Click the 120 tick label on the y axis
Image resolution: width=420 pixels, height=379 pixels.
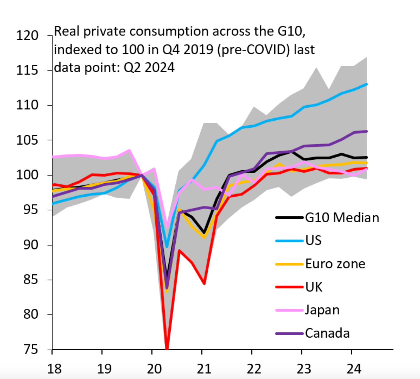click(27, 36)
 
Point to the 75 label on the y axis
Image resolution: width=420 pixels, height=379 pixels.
click(31, 349)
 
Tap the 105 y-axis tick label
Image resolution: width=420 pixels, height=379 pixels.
click(27, 140)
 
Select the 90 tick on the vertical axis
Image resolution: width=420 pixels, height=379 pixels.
click(31, 245)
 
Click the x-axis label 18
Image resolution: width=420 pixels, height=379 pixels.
click(54, 369)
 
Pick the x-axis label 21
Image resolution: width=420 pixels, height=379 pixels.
click(204, 369)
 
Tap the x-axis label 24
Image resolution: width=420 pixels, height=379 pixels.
click(354, 369)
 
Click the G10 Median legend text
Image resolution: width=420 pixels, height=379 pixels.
click(342, 218)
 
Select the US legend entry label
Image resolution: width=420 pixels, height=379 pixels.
click(313, 240)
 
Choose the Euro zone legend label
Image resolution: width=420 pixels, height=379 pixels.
click(335, 264)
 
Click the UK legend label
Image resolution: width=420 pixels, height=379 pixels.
click(314, 287)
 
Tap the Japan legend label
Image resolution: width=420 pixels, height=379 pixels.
click(322, 310)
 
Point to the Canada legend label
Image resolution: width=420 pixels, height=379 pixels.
click(327, 333)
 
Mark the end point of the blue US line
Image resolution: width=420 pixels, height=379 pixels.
click(366, 84)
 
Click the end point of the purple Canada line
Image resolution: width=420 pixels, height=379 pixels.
click(366, 131)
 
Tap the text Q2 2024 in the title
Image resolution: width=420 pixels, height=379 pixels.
click(149, 67)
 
